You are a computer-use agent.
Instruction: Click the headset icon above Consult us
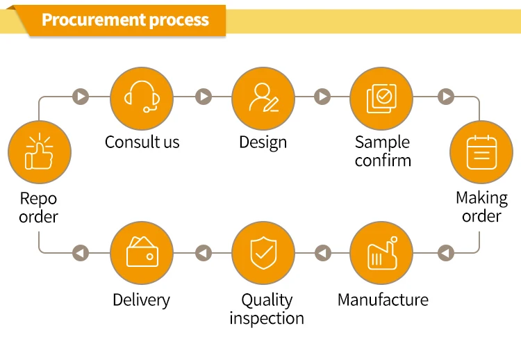coord(142,97)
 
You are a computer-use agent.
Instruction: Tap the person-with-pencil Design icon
coord(263,97)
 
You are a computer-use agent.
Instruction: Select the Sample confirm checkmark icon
coord(381,99)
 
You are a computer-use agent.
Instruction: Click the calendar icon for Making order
coord(481,152)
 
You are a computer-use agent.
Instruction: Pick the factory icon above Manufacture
coord(382,253)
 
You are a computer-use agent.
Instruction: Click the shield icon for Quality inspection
coord(263,253)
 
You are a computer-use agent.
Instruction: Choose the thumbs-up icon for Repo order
coord(39,152)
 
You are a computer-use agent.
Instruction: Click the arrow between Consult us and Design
coord(204,97)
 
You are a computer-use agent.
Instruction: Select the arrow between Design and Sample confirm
coord(322,97)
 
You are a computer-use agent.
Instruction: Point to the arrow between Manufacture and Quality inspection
coord(322,253)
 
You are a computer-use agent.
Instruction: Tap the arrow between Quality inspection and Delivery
coord(204,253)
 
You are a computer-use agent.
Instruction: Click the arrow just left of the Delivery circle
coord(81,253)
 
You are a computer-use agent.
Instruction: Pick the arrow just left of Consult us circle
coord(81,97)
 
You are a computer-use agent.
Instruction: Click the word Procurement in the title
coord(94,19)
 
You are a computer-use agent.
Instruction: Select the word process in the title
coord(179,21)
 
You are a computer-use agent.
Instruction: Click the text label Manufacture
coord(383,300)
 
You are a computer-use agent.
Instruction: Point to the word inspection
coord(267,318)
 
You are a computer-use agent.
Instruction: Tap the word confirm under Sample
coord(383,161)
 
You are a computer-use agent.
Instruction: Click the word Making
coord(481,199)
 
